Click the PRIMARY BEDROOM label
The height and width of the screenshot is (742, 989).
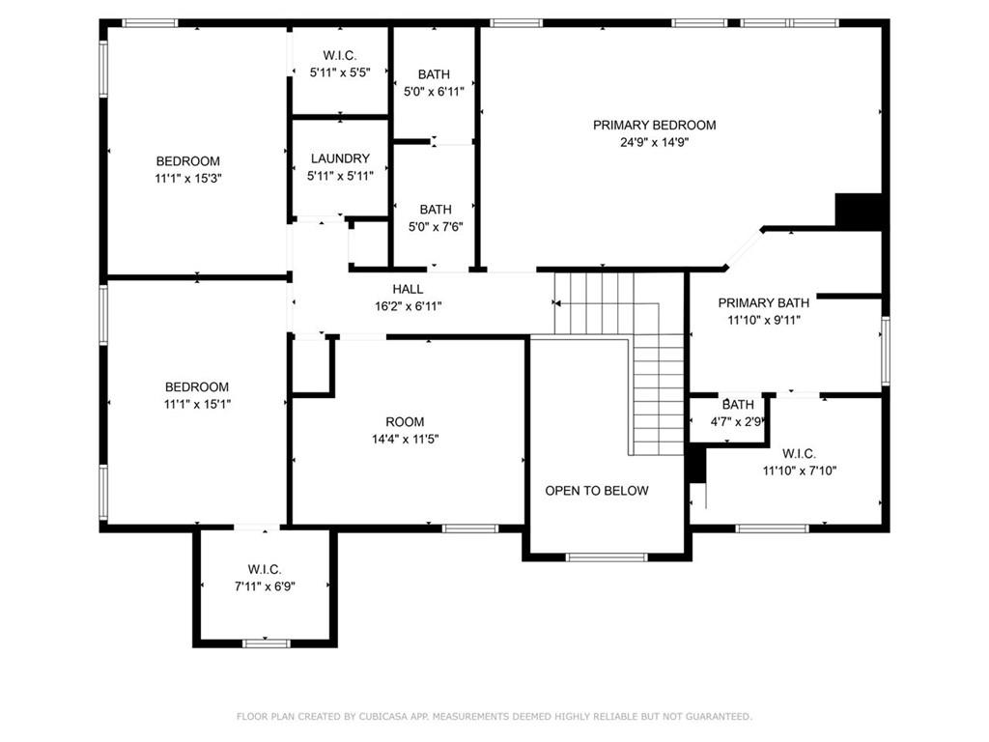pos(654,125)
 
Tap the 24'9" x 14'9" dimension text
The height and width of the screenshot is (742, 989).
pos(654,143)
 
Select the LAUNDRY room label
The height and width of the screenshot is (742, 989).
pos(340,158)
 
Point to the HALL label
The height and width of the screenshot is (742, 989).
pos(408,289)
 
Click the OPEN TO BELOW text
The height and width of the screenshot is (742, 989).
pos(597,490)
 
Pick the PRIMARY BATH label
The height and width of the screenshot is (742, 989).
pos(763,302)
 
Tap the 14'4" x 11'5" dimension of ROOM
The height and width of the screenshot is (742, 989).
pos(405,440)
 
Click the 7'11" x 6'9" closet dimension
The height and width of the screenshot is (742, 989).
pos(265,586)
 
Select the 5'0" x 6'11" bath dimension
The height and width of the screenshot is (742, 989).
pos(434,92)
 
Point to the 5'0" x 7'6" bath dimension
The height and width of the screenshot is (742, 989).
pos(436,226)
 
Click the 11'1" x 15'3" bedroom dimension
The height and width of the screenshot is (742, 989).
pos(188,179)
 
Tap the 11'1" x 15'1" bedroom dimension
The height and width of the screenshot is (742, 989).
pos(197,405)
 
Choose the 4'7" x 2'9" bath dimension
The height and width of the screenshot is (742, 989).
pos(736,421)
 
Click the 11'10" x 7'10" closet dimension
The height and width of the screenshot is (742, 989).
pos(799,471)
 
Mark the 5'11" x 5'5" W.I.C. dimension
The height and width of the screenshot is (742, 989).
pos(339,72)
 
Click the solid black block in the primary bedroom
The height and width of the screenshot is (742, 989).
pos(859,210)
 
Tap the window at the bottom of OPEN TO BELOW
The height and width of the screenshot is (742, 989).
pos(607,557)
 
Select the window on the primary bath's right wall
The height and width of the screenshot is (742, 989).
pos(886,351)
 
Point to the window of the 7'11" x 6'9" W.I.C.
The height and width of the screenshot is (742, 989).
pos(267,643)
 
